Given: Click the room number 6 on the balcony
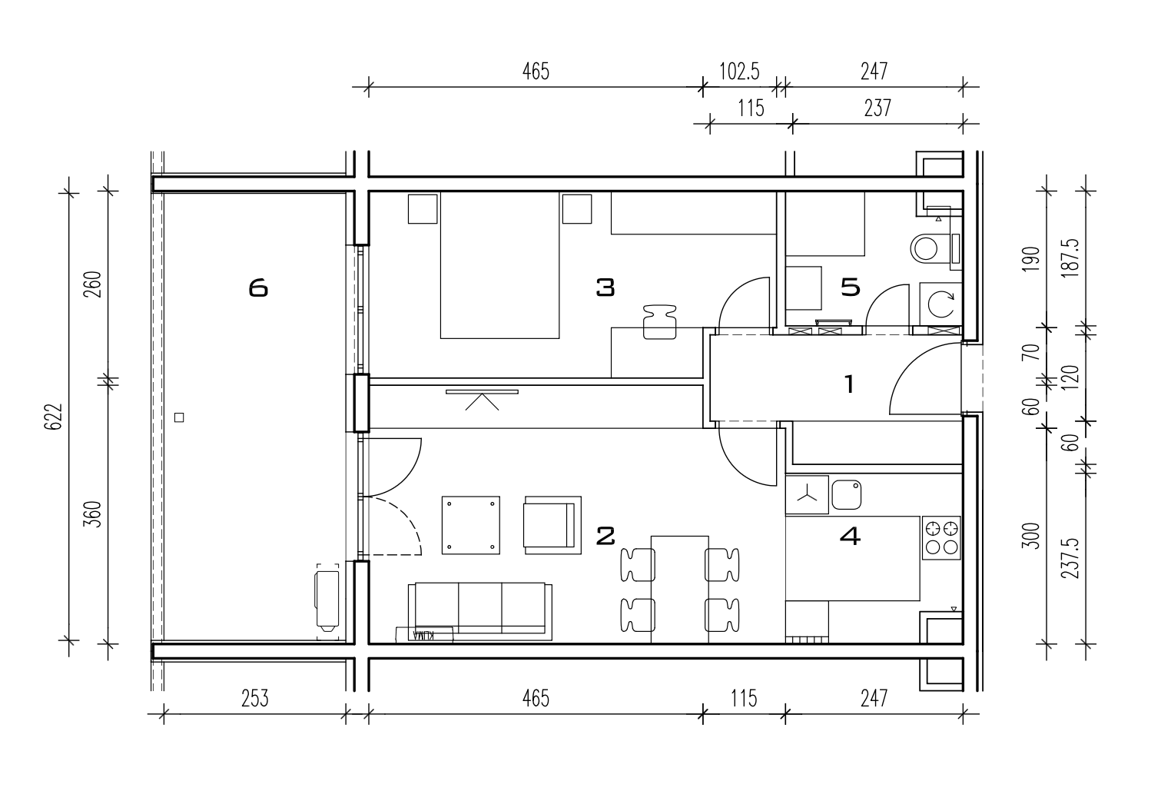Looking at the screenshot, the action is [x=258, y=288].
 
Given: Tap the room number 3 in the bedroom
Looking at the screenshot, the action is [x=605, y=287].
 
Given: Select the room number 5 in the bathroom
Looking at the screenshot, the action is [x=851, y=287].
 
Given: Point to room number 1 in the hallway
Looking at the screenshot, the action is [x=850, y=384].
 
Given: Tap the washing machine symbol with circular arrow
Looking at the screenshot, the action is [x=941, y=304].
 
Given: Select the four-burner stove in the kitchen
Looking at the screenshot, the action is [x=941, y=539].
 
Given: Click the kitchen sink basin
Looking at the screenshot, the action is [x=846, y=494].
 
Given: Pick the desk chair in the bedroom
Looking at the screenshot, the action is [x=660, y=322].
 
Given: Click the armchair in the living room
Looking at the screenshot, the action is [x=553, y=525].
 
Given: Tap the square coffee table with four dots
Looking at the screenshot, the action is [x=471, y=525].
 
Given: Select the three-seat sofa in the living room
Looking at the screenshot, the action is [x=480, y=611].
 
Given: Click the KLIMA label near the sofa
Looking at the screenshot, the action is [x=424, y=635].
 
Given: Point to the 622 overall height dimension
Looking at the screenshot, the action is [x=53, y=417].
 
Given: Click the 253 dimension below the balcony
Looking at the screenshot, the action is [x=254, y=699].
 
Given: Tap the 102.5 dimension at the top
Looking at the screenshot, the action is [x=739, y=71].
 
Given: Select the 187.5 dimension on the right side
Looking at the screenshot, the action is [x=1070, y=258].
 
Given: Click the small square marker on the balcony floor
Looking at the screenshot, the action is [x=179, y=417].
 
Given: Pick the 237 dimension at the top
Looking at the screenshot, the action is [x=877, y=108].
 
